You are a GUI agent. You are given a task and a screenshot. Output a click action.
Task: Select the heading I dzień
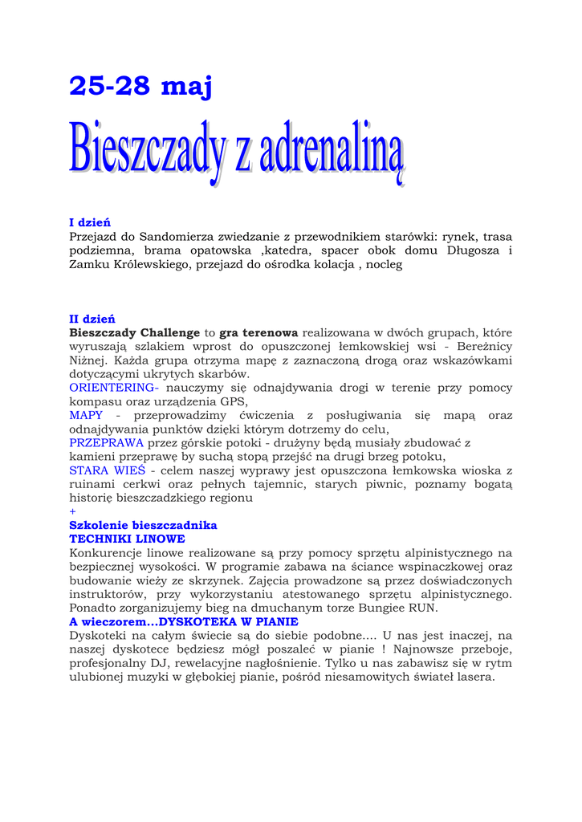click(x=90, y=222)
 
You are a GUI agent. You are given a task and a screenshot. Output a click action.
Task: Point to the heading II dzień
click(x=92, y=319)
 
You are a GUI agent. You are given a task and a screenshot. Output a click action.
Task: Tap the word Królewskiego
click(x=146, y=264)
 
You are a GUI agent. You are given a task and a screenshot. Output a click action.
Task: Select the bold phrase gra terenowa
click(x=258, y=332)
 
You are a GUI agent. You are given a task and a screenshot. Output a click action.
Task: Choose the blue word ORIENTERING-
click(x=114, y=388)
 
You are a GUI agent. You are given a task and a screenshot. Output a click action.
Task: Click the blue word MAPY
click(x=86, y=415)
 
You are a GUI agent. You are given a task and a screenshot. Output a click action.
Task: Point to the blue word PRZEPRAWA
click(x=107, y=442)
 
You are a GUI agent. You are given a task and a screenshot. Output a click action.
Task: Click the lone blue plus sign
click(x=72, y=511)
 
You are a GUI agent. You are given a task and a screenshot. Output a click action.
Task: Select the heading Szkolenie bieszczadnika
click(x=143, y=525)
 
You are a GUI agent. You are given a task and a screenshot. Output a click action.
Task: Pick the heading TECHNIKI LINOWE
click(x=127, y=539)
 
